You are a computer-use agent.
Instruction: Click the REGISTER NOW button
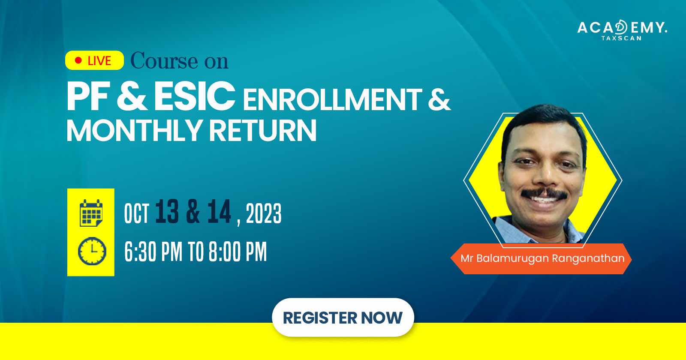pyautogui.click(x=343, y=318)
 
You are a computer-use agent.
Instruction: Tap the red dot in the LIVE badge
pyautogui.click(x=78, y=60)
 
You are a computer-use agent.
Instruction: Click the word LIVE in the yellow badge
pyautogui.click(x=99, y=61)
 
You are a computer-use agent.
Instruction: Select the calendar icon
pyautogui.click(x=91, y=213)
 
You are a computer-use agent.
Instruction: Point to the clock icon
pyautogui.click(x=92, y=251)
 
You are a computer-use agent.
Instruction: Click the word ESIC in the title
pyautogui.click(x=195, y=96)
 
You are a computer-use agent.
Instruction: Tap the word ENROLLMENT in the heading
pyautogui.click(x=333, y=99)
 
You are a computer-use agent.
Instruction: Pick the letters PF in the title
pyautogui.click(x=87, y=96)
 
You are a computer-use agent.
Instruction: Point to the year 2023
pyautogui.click(x=264, y=213)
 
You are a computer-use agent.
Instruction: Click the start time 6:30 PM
pyautogui.click(x=153, y=252)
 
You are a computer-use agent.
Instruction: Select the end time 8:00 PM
pyautogui.click(x=238, y=252)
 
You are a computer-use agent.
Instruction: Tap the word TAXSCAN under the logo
pyautogui.click(x=621, y=38)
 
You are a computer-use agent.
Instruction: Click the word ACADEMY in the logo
pyautogui.click(x=622, y=27)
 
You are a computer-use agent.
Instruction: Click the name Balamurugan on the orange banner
pyautogui.click(x=513, y=259)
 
